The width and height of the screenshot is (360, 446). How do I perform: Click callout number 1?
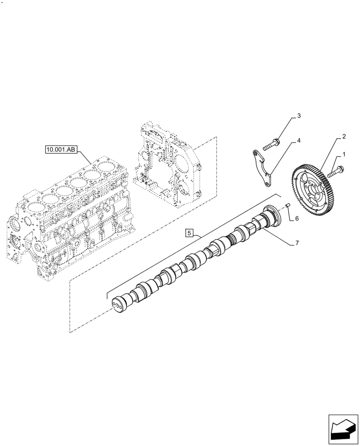point(344,155)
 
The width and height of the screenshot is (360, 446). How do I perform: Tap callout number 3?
point(299,116)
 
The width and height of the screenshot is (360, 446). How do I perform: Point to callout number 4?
point(299,140)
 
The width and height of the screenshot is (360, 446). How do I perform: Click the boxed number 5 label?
point(189,233)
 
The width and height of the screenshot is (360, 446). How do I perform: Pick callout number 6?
point(296,219)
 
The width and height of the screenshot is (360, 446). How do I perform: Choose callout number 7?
point(296,243)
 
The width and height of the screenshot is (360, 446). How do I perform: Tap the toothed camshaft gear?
point(313,188)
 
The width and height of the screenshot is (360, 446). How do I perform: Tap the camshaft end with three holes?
point(119,306)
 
